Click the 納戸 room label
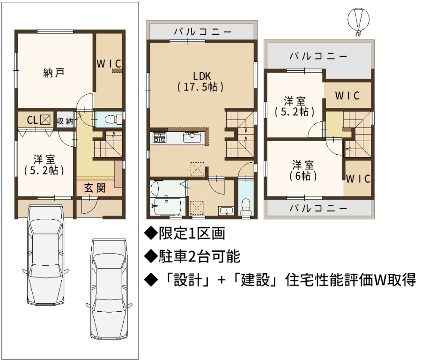pyautogui.click(x=54, y=73)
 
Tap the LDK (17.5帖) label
pyautogui.click(x=201, y=82)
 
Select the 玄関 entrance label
pyautogui.click(x=95, y=188)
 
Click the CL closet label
pyautogui.click(x=32, y=120)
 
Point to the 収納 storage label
pyautogui.click(x=65, y=121)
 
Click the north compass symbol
pyautogui.click(x=358, y=21)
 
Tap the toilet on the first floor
pyautogui.click(x=113, y=119)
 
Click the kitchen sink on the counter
pyautogui.click(x=192, y=137)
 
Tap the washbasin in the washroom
pyautogui.click(x=226, y=211)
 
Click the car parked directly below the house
pyautogui.click(x=45, y=255)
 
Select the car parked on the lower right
pyautogui.click(x=109, y=289)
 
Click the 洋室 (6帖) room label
pyautogui.click(x=303, y=171)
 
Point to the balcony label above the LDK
pyautogui.click(x=203, y=32)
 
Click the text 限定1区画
pyautogui.click(x=185, y=233)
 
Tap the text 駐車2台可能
pyautogui.click(x=192, y=256)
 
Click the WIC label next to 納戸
pyautogui.click(x=109, y=64)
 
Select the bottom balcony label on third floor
pyautogui.click(x=318, y=209)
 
